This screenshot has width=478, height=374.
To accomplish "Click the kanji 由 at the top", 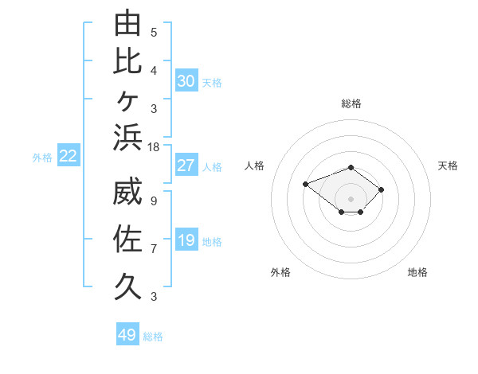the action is tap(127, 22).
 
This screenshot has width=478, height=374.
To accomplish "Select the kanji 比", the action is tap(127, 61).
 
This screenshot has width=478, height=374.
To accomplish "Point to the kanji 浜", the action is tap(127, 138).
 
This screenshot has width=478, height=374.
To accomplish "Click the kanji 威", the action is tap(127, 191).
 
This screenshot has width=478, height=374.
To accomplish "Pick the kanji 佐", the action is tap(127, 239).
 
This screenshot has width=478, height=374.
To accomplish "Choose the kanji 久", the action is tap(127, 286).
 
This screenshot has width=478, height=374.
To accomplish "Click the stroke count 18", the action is tap(153, 147).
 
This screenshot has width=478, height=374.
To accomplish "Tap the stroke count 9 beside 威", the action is tap(154, 201).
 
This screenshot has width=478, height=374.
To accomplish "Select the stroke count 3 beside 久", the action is tap(154, 297).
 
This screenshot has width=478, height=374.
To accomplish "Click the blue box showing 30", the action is tap(186, 80).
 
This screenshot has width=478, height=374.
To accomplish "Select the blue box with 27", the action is tap(186, 165).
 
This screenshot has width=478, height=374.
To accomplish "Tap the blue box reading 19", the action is tap(186, 240).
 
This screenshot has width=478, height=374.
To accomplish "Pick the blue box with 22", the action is tap(69, 155).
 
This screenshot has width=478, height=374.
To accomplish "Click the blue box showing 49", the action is tap(127, 333).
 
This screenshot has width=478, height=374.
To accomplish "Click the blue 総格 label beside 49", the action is tap(153, 337).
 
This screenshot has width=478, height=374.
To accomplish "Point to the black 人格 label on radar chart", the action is tap(254, 166).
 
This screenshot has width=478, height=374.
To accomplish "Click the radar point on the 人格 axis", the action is tap(305, 185).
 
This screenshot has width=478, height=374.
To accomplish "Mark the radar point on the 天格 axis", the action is tap(381, 189).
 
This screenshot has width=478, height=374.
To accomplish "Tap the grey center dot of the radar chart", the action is tap(351, 199).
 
